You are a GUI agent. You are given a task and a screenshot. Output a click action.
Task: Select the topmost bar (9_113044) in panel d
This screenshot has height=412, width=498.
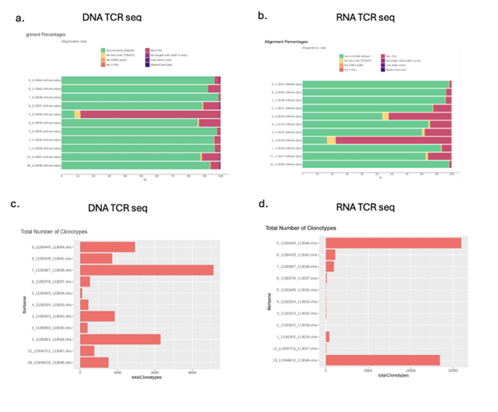(x=393, y=243)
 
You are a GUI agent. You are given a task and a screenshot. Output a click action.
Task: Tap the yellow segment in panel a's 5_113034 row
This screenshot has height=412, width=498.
(x=78, y=114)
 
